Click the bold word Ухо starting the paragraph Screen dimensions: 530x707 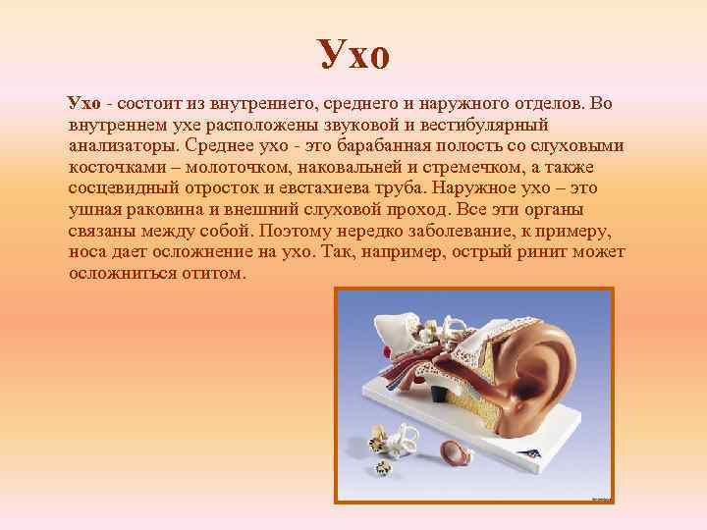(x=84, y=105)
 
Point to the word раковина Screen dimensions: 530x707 (x=159, y=210)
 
